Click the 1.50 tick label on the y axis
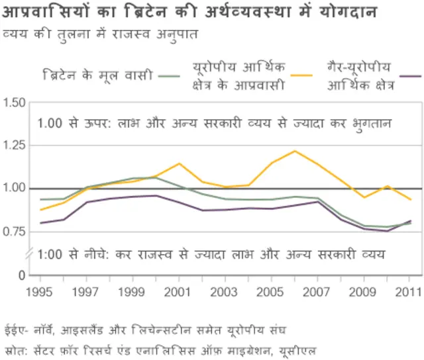[x=14, y=103]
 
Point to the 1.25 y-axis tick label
[x=14, y=146]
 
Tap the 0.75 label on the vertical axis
[x=14, y=232]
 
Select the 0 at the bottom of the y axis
[x=22, y=275]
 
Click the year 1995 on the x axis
[x=40, y=291]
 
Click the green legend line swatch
[x=170, y=75]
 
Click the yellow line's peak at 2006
[x=295, y=151]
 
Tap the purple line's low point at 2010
[x=387, y=231]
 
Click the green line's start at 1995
[x=40, y=199]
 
